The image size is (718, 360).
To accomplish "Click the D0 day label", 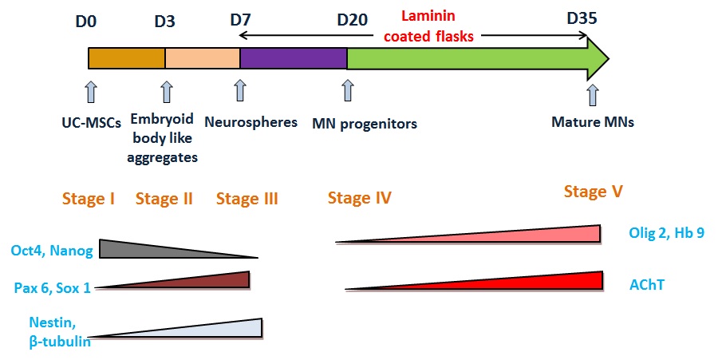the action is point(86,21).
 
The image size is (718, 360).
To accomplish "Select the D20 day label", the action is point(352,20).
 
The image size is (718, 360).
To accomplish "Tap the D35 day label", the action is point(582,18).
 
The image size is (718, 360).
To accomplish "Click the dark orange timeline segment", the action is point(127,58).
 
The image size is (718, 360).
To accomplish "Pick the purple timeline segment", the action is point(294,58).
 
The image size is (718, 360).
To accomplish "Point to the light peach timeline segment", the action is point(203,58).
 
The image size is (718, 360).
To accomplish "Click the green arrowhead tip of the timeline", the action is point(609,58).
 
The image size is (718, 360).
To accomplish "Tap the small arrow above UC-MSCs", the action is point(91,91).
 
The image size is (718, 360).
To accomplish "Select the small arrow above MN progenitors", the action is point(348,90).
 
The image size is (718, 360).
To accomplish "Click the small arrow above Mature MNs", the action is point(593,95).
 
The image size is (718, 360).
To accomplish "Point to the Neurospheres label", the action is point(251,122).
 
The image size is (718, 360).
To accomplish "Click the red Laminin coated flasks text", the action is point(428,26).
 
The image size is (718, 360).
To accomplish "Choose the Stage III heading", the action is point(247,199).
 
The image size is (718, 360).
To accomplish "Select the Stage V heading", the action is point(593,191).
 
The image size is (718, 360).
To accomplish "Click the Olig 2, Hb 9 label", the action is point(666,232).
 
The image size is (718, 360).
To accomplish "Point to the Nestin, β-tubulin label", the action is point(60,332).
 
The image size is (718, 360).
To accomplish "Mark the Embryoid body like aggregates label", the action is point(162,138).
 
